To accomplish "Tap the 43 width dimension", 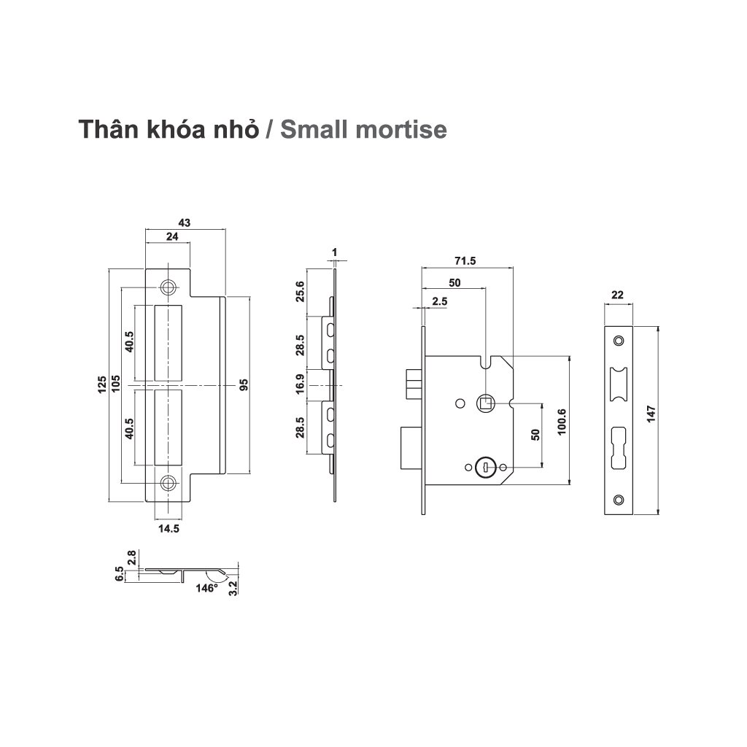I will click(x=185, y=223).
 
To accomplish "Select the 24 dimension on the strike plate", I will click(x=172, y=237).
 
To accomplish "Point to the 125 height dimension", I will click(x=103, y=384).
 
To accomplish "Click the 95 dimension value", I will click(x=244, y=384).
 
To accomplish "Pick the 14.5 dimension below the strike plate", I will click(x=169, y=530).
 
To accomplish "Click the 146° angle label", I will click(x=207, y=588).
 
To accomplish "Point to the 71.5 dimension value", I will click(x=465, y=261).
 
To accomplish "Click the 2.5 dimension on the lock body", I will click(x=439, y=301).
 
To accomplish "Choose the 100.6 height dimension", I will click(x=562, y=421).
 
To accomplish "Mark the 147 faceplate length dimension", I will click(x=651, y=414).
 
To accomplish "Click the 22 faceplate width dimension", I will click(x=617, y=295).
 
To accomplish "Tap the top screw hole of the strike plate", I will click(x=169, y=287).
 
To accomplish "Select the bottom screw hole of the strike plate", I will click(x=169, y=482).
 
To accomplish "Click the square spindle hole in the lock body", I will click(x=485, y=402).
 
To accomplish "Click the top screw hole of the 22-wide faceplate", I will click(x=619, y=340).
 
